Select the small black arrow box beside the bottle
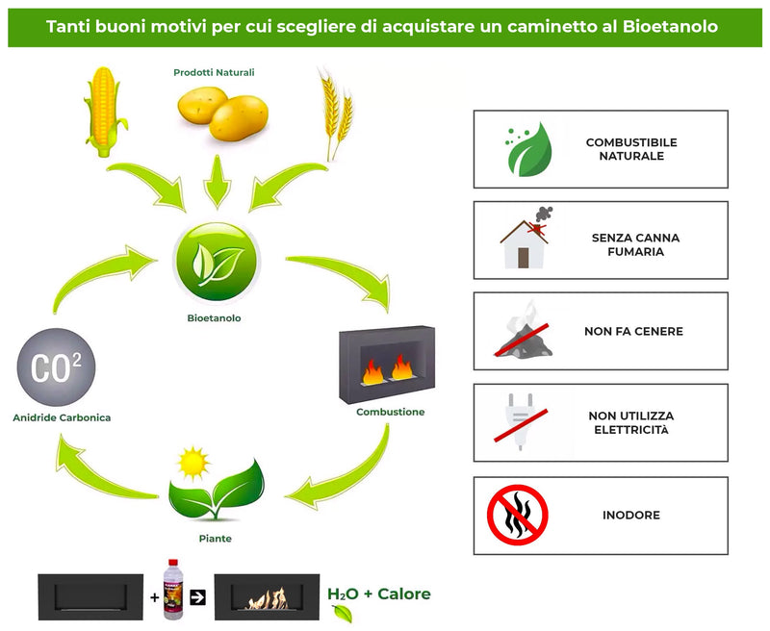[x=198, y=597]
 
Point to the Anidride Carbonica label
[x=62, y=417]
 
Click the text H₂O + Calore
[x=379, y=594]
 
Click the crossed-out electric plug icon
[x=521, y=422]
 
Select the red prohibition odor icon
[x=518, y=515]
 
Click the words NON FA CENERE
[x=632, y=332]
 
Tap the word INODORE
[x=631, y=515]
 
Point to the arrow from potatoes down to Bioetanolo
[x=218, y=180]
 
